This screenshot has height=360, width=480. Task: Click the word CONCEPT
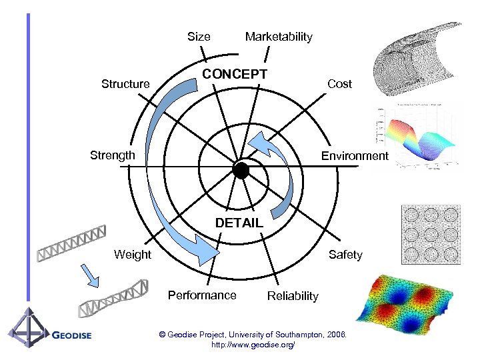[235, 73]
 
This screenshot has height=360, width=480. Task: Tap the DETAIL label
[239, 223]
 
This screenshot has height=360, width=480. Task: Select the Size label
[199, 37]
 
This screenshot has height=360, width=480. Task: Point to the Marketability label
[278, 37]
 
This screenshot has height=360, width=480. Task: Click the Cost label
[339, 84]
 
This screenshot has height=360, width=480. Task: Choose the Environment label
[354, 156]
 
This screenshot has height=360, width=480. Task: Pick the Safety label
[345, 255]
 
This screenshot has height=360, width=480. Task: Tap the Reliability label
[293, 296]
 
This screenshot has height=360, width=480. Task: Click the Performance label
[202, 295]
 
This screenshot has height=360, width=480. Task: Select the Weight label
[133, 254]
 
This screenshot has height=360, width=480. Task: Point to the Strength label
[112, 155]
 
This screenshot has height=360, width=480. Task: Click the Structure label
[125, 84]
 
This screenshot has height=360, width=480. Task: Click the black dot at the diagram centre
[241, 170]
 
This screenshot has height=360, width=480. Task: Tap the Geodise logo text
[71, 335]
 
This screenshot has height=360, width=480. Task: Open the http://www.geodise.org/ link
[252, 345]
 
